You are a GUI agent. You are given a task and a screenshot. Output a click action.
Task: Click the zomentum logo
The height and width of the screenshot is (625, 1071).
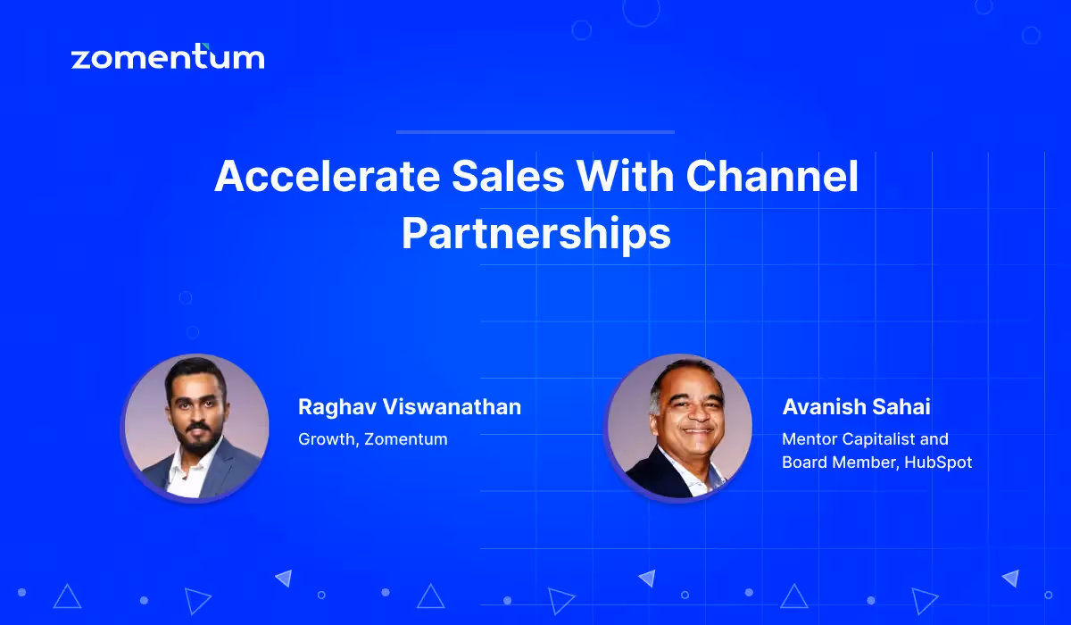click(167, 58)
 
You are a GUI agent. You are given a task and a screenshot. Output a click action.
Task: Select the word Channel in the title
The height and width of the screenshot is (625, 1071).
click(772, 177)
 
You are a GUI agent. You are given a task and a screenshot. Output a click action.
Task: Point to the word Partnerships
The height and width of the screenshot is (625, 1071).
click(535, 234)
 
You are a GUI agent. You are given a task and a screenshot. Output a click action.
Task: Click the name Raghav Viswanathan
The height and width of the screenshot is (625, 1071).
click(410, 407)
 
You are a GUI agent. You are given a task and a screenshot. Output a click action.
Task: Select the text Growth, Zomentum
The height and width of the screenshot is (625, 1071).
click(373, 439)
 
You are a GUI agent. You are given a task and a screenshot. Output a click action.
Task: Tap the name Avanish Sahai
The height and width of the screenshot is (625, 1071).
click(856, 407)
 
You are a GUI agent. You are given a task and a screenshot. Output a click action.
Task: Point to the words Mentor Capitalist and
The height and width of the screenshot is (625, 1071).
click(865, 439)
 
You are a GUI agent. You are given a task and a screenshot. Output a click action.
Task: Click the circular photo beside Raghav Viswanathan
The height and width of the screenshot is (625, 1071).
click(195, 427)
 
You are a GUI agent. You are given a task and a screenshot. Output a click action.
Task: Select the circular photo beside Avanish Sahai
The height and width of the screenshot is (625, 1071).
click(680, 427)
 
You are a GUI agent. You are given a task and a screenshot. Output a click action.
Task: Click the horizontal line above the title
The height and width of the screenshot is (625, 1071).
click(535, 132)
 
